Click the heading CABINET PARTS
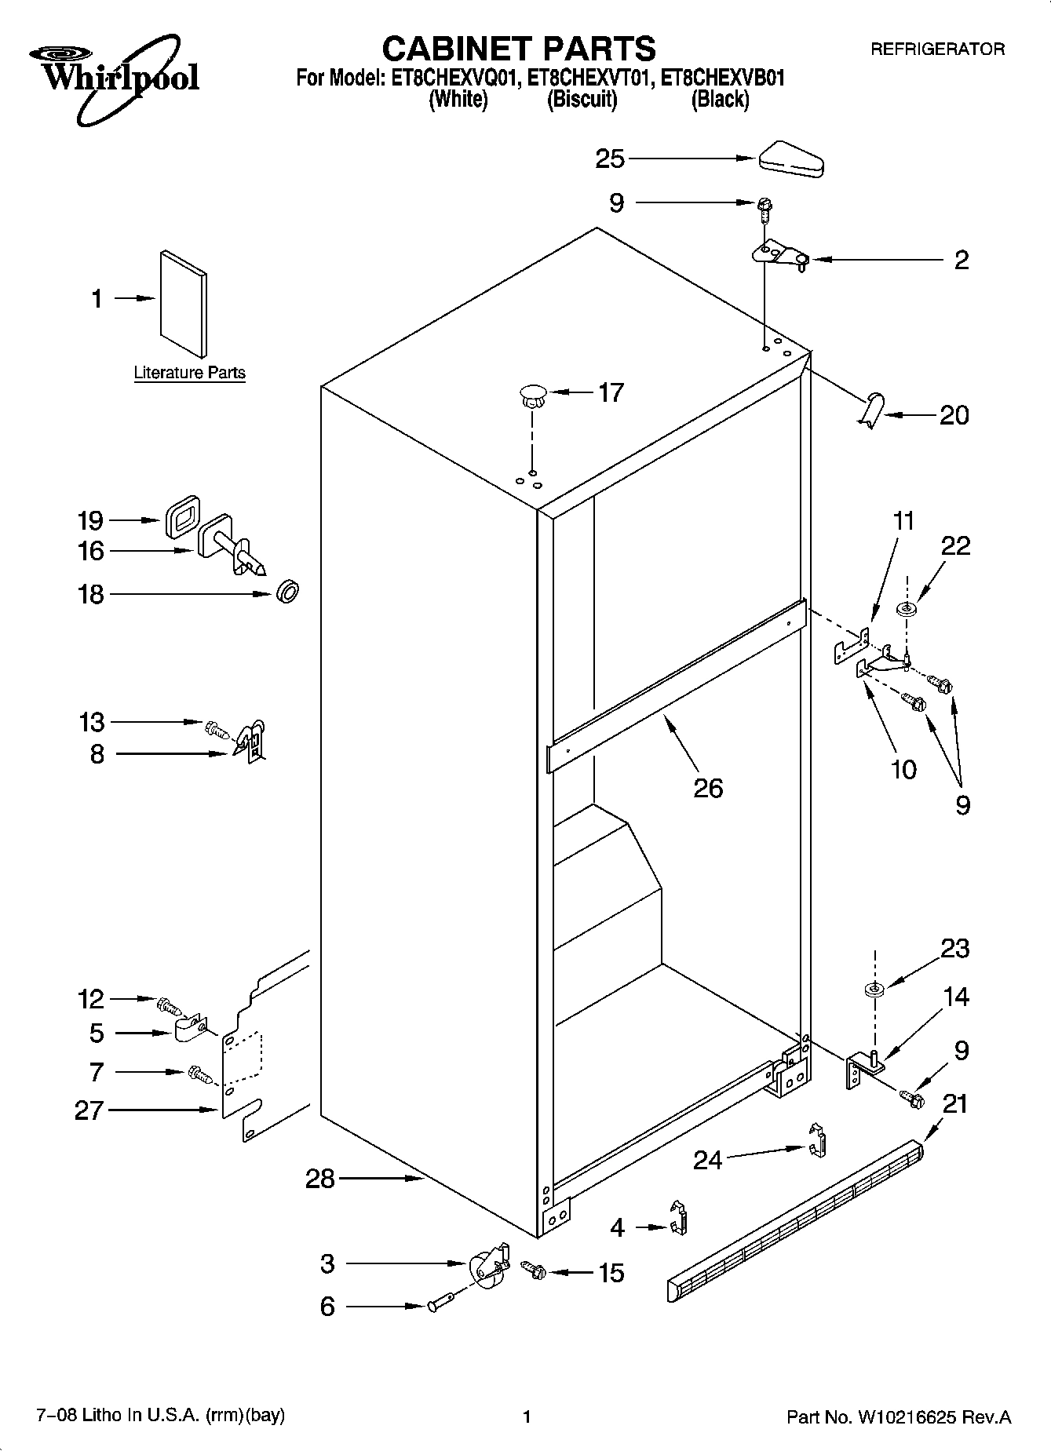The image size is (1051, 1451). click(518, 49)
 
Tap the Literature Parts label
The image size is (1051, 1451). click(189, 373)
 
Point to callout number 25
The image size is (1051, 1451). click(609, 159)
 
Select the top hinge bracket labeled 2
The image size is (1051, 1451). click(779, 255)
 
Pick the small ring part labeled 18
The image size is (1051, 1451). click(288, 592)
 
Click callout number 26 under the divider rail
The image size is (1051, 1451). click(707, 787)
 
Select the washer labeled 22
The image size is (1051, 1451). click(907, 609)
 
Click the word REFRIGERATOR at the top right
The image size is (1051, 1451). click(937, 49)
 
